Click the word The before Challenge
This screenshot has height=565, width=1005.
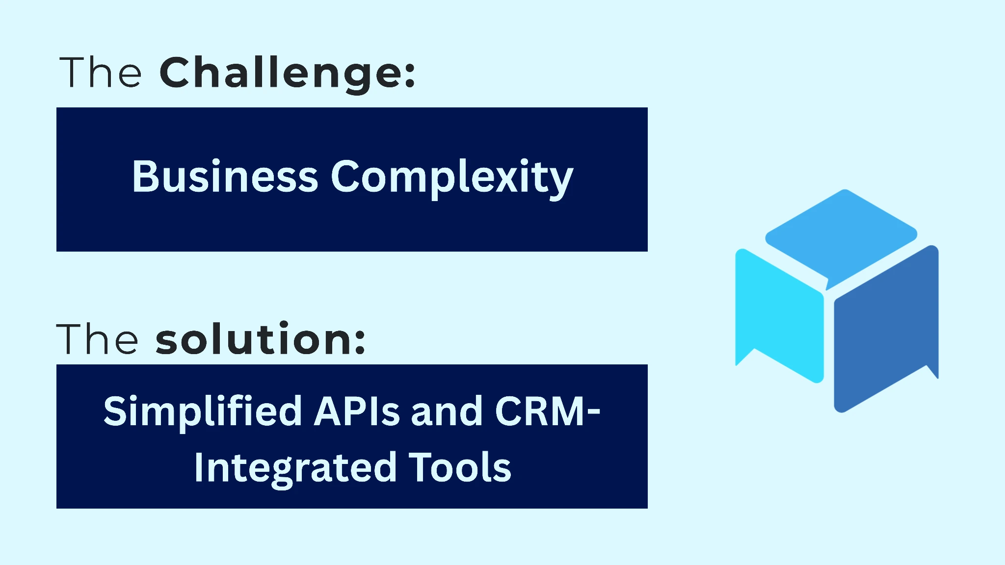click(101, 73)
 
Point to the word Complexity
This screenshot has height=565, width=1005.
click(451, 178)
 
